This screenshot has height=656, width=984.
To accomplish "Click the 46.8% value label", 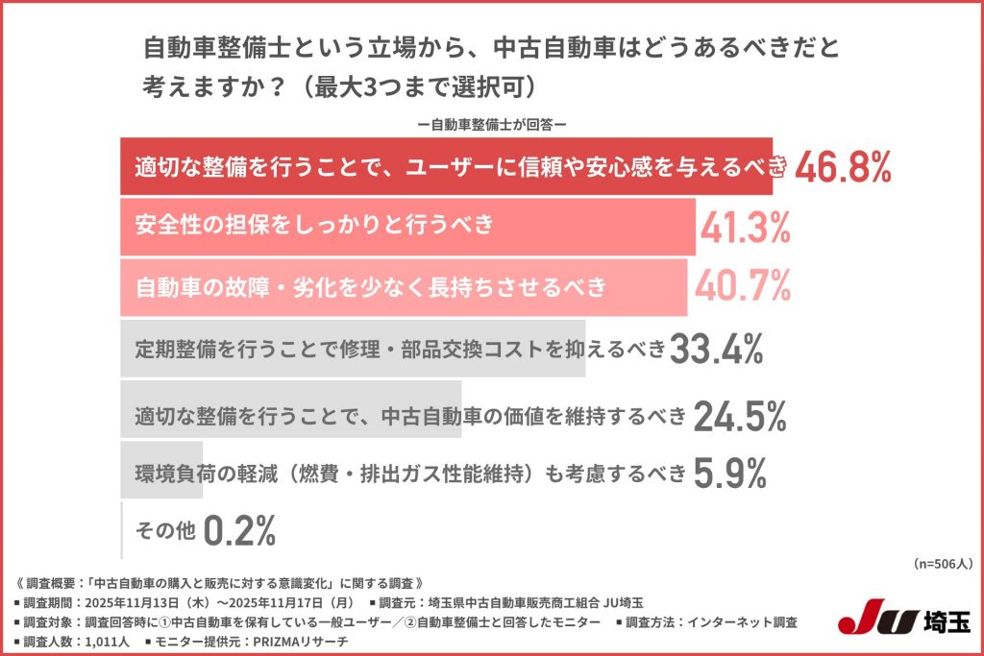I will coord(843,168).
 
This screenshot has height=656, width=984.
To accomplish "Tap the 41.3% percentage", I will coord(746,227).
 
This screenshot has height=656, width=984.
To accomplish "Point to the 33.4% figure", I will coord(716,351).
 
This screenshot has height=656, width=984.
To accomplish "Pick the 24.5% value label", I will coord(740,416).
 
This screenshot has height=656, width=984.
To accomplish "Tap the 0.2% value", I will coord(240,528).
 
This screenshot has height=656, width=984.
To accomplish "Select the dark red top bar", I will coord(452,167).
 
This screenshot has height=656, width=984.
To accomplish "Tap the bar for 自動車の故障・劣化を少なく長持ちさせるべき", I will coord(404,286).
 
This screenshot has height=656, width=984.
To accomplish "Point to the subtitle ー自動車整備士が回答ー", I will coord(491,124).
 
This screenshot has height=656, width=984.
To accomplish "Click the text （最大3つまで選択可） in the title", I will coord(421,85).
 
